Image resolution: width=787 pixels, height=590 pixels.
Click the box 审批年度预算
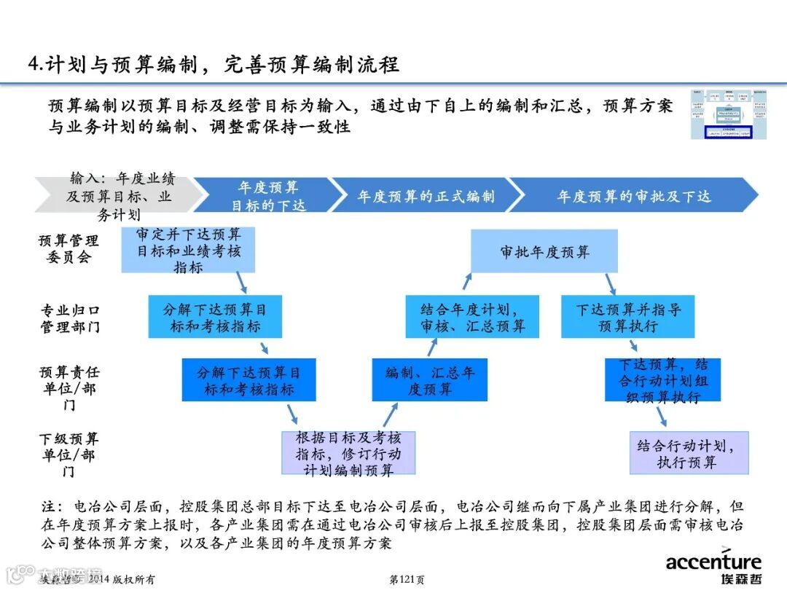coord(544,251)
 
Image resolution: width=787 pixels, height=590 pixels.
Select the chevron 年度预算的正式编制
coord(426,196)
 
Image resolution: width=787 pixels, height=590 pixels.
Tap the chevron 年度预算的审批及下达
coord(633,196)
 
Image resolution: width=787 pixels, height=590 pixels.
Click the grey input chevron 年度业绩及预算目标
coord(117,196)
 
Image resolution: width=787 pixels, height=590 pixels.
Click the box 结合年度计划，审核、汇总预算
coord(472,317)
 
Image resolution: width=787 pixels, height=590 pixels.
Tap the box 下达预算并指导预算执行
coord(627,317)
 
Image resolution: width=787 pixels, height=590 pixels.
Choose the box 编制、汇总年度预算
coord(429,380)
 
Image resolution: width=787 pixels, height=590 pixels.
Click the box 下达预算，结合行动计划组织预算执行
coord(662,380)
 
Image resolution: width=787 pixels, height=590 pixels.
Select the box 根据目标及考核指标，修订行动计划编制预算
coord(348,453)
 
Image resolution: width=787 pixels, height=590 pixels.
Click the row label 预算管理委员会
coord(68,248)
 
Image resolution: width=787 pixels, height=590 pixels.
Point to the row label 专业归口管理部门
coord(69,318)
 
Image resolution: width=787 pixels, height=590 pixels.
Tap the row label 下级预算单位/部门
coord(68,455)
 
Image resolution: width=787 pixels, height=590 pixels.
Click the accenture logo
coord(713,567)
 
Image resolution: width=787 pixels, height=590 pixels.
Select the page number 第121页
coord(407,580)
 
